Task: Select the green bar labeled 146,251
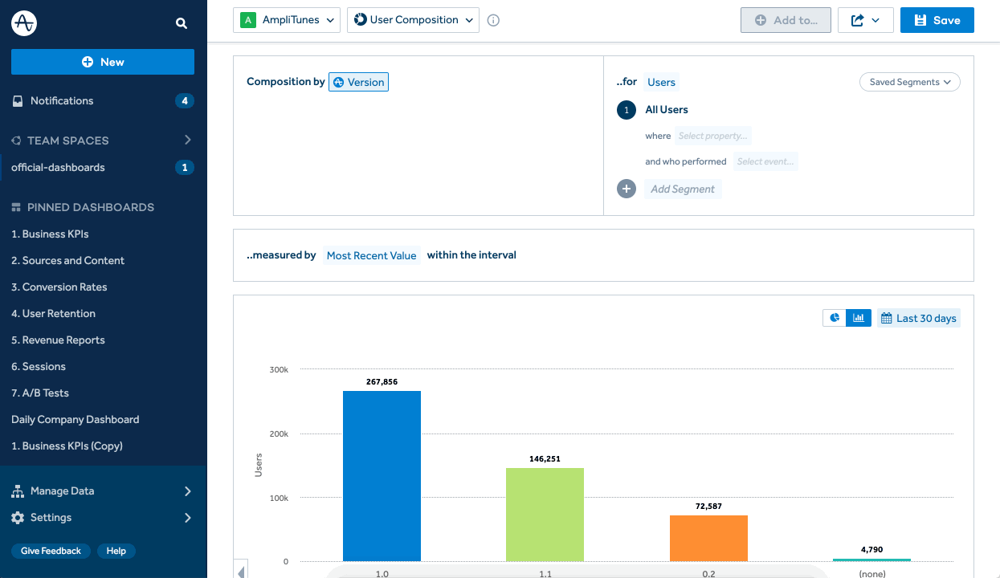[545, 514]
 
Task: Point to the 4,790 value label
[871, 550]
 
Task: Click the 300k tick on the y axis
[279, 369]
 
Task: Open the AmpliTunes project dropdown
[287, 20]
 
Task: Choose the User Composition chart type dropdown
[413, 20]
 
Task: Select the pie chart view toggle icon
[835, 319]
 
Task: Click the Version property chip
[358, 82]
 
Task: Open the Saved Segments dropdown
[909, 82]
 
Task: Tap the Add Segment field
[683, 189]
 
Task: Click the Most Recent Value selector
[371, 255]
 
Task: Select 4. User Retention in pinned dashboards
[53, 314]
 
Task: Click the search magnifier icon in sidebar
[182, 23]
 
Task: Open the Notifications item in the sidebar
[62, 101]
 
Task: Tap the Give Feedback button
[51, 552]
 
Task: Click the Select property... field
[712, 136]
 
